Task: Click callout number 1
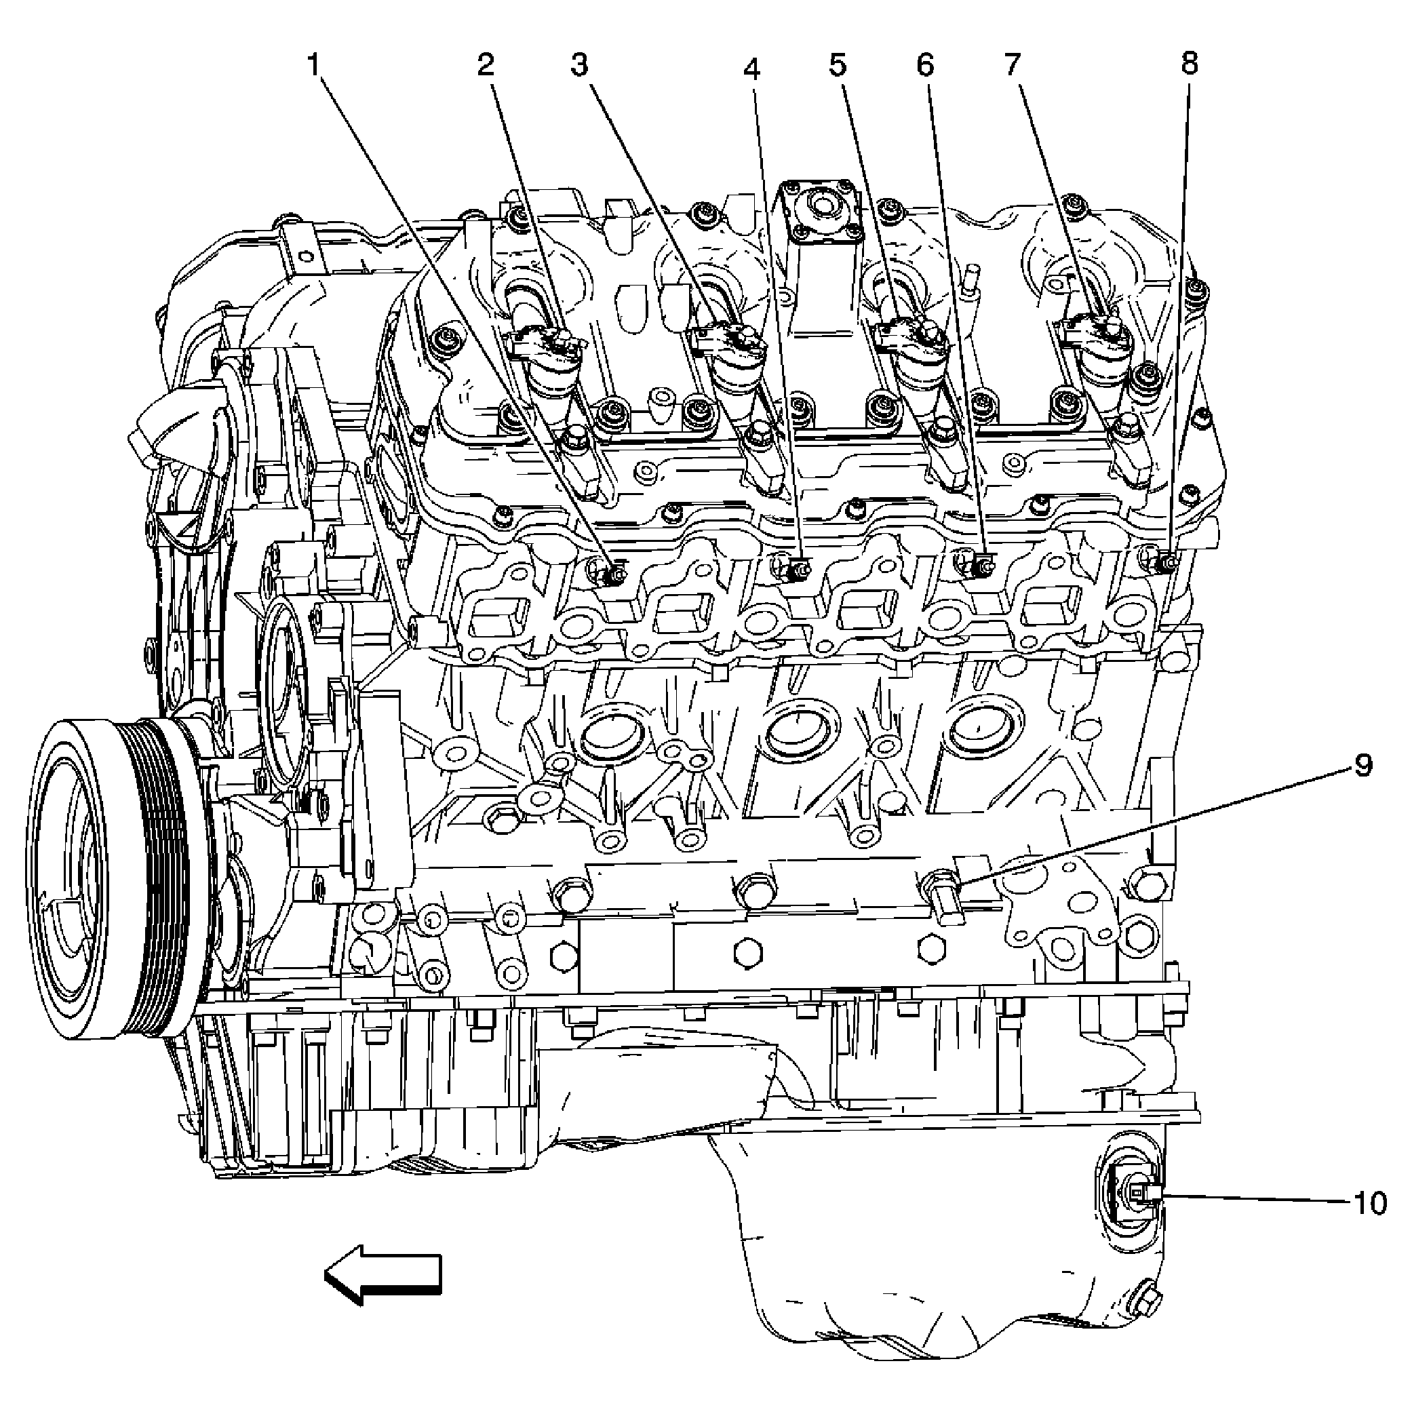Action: pos(314,66)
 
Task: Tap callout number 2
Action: pos(486,65)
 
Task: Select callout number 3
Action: pos(580,65)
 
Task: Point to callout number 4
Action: pos(752,68)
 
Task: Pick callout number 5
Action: pos(838,65)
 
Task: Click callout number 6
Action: pos(925,65)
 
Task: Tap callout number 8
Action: pos(1190,64)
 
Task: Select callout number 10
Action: pos(1369,1204)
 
